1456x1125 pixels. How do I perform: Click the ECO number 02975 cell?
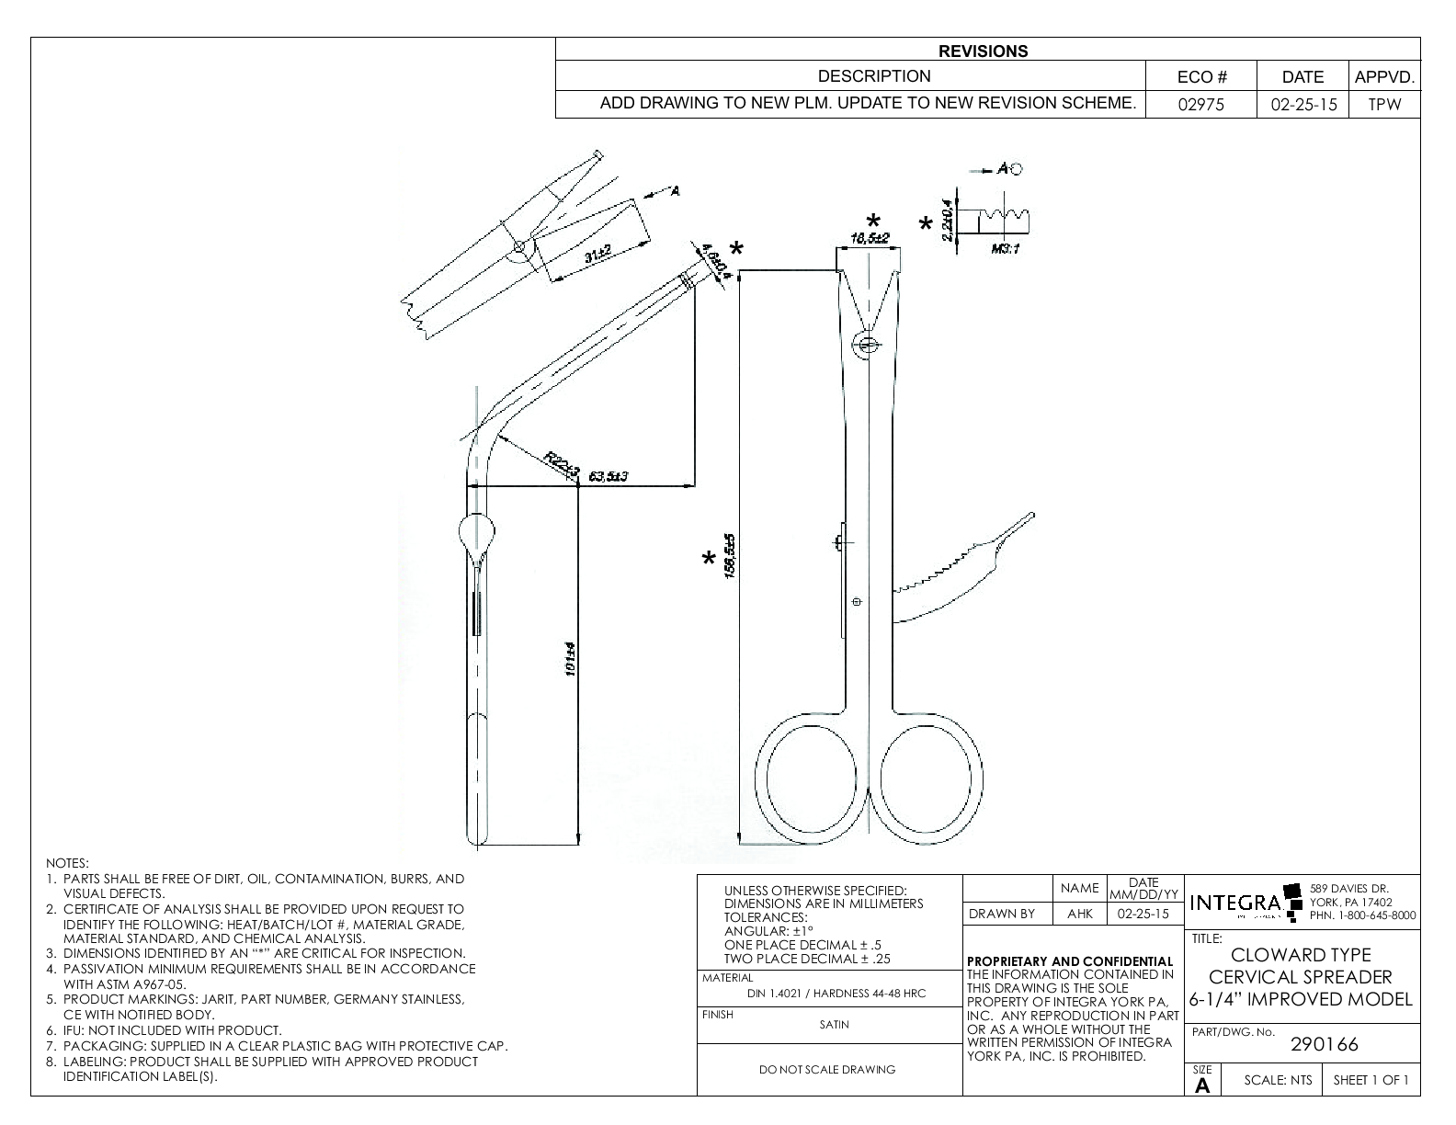1201,104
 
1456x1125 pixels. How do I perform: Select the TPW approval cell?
1383,104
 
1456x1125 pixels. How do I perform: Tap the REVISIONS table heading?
983,51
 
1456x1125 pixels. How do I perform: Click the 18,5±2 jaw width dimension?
868,239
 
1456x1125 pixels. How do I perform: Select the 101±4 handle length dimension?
570,662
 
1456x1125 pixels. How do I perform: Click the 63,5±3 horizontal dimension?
608,476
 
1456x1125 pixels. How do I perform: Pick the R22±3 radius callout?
561,464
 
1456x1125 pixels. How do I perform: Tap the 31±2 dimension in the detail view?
597,255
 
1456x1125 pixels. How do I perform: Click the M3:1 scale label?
1006,249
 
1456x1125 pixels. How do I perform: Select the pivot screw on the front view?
866,345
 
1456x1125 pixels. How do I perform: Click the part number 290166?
1325,1044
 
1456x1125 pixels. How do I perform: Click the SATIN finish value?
834,1024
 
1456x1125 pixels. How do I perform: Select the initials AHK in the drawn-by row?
1079,914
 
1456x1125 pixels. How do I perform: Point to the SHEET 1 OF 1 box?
1370,1080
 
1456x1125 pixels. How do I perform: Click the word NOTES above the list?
66,863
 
